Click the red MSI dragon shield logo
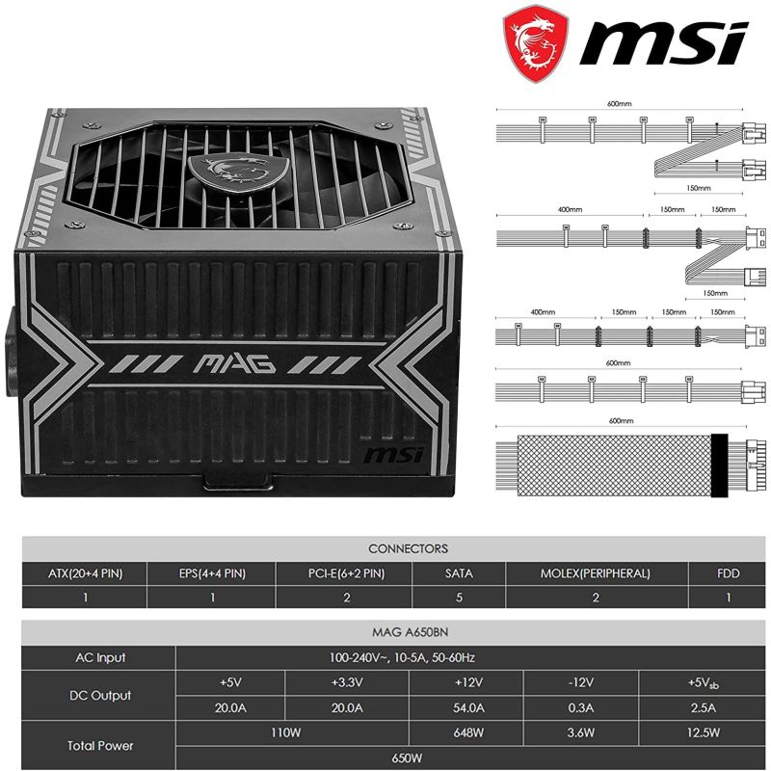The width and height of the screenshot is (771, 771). point(535,43)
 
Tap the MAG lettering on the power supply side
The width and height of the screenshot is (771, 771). point(234,364)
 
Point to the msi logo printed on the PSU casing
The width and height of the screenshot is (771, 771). point(393,455)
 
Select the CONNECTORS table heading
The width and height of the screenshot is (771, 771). point(408,548)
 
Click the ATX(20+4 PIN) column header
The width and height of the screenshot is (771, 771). point(86,573)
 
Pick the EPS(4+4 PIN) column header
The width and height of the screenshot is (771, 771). point(212,573)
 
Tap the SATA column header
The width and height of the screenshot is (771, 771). point(459,573)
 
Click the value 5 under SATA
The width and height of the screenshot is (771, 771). point(459,598)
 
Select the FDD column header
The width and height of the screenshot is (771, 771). point(729,573)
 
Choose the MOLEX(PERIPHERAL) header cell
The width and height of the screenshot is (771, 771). point(596,573)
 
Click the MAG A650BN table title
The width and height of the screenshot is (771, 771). point(410,632)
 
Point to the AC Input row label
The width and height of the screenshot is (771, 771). point(100,657)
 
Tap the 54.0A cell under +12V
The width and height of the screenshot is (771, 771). point(468,707)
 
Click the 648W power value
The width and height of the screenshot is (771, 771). point(468,732)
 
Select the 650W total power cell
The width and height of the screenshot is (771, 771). point(407,758)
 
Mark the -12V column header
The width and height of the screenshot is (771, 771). point(581,682)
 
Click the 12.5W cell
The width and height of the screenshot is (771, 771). point(704,732)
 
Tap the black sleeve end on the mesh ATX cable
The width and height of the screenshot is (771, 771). point(719,465)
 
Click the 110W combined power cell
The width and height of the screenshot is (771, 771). point(285,732)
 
